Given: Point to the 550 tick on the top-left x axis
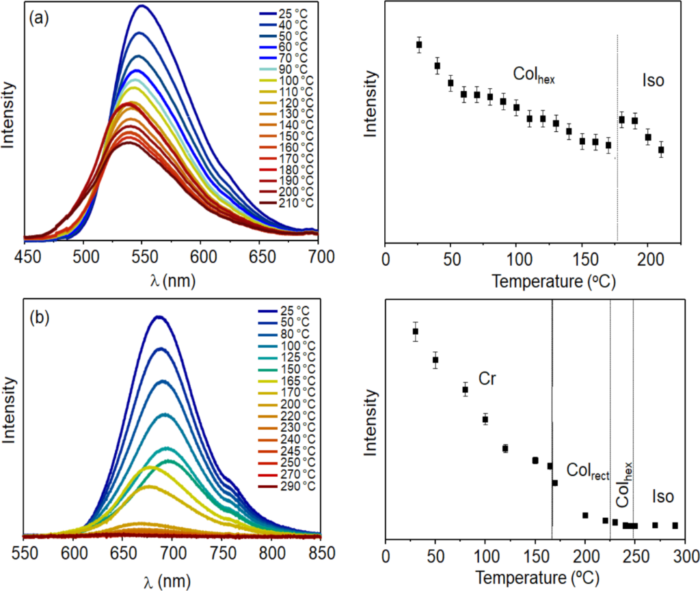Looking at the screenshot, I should click(x=142, y=258).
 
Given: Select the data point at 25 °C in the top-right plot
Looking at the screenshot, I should click(x=419, y=44).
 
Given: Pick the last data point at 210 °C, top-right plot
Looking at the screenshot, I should click(x=661, y=150).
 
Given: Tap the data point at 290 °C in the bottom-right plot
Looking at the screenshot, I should click(x=675, y=525).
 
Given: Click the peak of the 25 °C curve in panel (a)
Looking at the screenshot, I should click(x=142, y=6).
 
